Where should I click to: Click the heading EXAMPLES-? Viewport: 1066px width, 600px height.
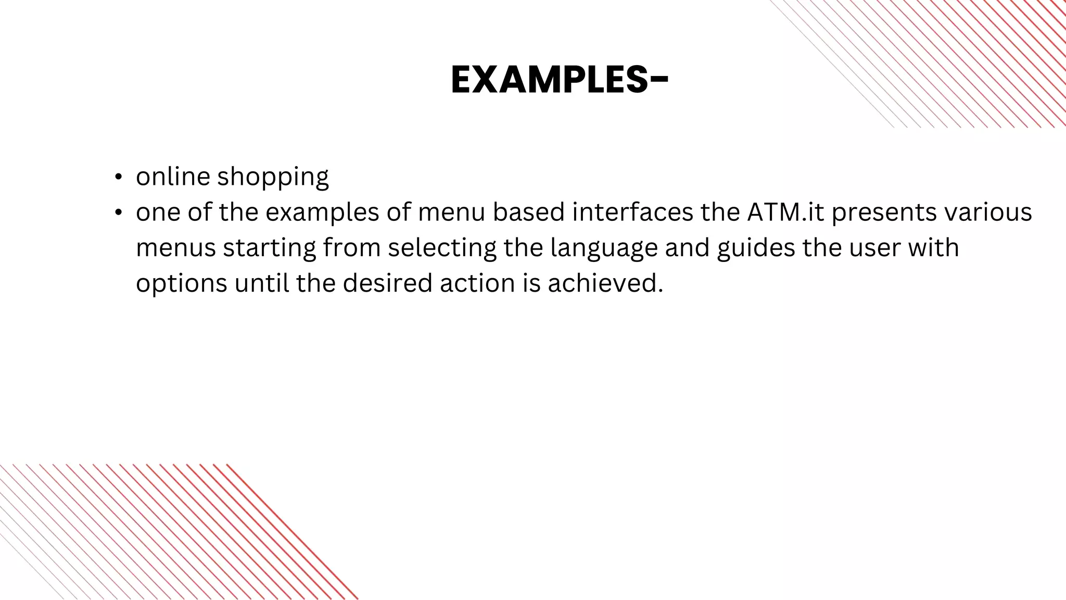click(560, 80)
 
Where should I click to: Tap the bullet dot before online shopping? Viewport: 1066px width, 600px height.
click(119, 177)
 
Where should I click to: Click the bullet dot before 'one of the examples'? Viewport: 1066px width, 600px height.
click(119, 213)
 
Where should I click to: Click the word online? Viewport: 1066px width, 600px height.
click(173, 177)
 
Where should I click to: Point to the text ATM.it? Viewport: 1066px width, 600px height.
click(786, 212)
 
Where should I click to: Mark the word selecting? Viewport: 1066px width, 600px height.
click(442, 248)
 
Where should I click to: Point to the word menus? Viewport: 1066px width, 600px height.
click(176, 248)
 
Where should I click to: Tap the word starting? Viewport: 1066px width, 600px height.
click(270, 248)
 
